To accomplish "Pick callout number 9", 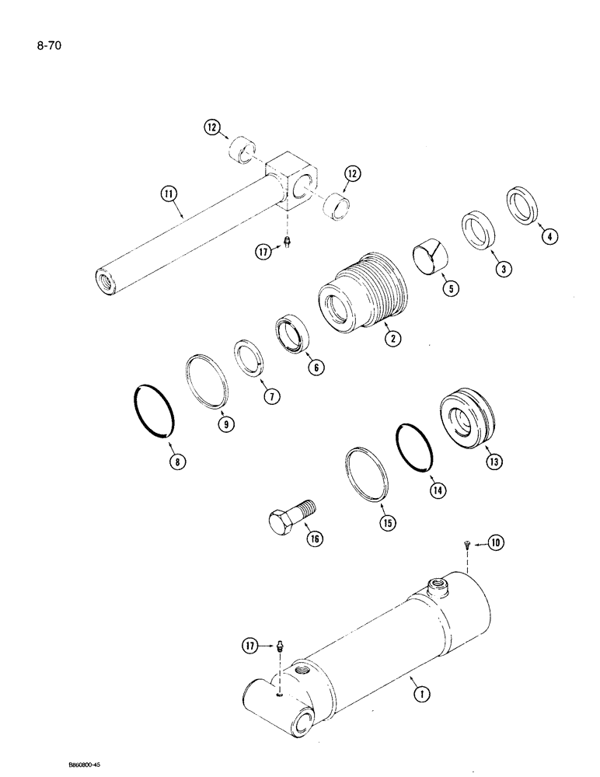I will (225, 424).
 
